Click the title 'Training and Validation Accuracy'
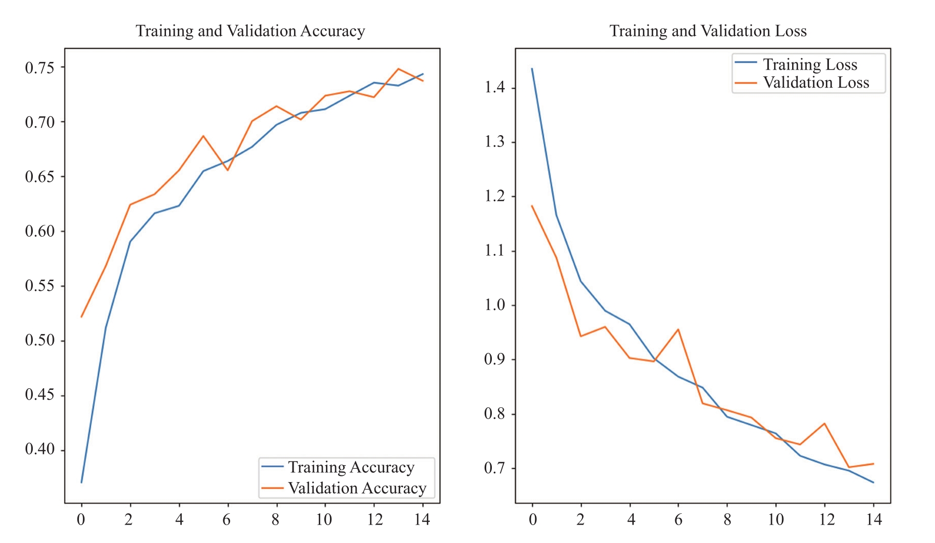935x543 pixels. point(250,31)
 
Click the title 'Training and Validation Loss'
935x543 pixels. point(708,31)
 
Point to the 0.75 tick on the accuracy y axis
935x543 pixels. point(39,67)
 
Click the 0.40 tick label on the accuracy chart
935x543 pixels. point(39,449)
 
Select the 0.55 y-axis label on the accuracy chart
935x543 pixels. point(39,285)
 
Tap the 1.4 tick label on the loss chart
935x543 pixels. point(494,87)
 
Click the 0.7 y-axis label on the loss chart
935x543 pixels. point(494,468)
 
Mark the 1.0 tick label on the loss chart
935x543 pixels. point(494,305)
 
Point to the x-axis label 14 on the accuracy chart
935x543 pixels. point(422,519)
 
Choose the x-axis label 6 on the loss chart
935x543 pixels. point(678,519)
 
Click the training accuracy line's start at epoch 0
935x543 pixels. point(81,482)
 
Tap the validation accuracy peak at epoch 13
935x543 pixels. point(398,69)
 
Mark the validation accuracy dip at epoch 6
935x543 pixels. point(227,170)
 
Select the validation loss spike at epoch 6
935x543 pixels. point(678,329)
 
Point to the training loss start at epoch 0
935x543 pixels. point(532,69)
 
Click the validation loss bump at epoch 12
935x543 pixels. point(824,424)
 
